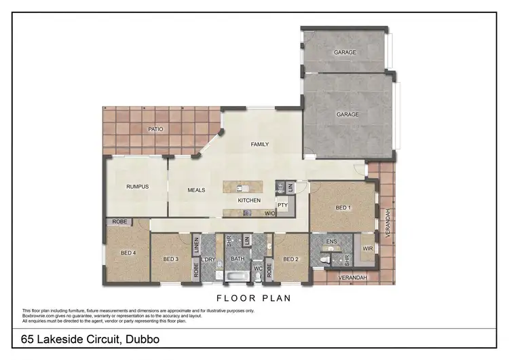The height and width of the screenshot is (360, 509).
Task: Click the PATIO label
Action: point(155,129)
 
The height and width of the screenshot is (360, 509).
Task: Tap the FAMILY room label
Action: point(260,145)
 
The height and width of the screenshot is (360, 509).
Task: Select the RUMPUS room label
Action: point(137,187)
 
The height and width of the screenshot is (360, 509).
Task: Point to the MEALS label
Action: point(196,190)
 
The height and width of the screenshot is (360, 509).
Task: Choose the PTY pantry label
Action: point(282,204)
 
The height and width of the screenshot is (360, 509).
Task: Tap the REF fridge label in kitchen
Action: point(279,185)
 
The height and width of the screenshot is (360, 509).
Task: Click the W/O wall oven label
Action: point(269,213)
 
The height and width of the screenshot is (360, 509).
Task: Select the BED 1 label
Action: point(343,207)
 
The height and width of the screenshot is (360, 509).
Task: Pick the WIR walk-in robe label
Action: point(368,249)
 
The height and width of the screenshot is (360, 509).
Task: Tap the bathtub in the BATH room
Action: point(237,277)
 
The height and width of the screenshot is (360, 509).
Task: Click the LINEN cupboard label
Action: point(196,245)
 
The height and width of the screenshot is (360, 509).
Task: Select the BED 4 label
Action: point(128,253)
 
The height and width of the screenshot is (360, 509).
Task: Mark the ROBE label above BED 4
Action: point(119,222)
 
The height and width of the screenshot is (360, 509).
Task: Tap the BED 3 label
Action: point(170,259)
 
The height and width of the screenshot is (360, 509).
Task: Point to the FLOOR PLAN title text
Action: point(254,298)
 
